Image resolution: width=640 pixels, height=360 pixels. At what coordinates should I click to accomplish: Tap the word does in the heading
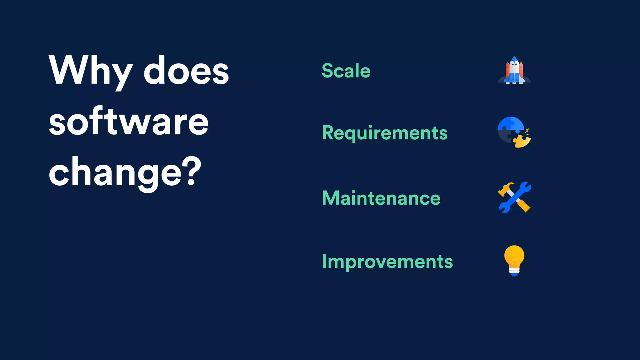pyautogui.click(x=186, y=70)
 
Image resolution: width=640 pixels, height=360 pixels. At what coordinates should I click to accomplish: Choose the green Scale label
pyautogui.click(x=346, y=71)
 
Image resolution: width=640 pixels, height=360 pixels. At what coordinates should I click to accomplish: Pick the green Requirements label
pyautogui.click(x=385, y=133)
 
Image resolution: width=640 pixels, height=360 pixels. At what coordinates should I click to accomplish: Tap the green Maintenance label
pyautogui.click(x=381, y=198)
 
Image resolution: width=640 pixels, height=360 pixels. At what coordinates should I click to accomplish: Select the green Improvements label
pyautogui.click(x=387, y=262)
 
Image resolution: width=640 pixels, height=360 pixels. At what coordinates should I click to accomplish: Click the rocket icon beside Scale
pyautogui.click(x=514, y=71)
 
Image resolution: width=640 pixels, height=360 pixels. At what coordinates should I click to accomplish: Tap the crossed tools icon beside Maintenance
pyautogui.click(x=514, y=197)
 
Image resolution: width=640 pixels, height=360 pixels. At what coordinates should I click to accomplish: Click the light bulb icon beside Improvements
pyautogui.click(x=514, y=260)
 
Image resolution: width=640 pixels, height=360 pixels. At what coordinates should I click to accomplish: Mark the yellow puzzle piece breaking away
pyautogui.click(x=522, y=141)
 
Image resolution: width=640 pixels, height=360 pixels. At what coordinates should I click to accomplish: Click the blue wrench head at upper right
pyautogui.click(x=525, y=187)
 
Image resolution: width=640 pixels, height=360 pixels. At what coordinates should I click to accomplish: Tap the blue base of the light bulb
pyautogui.click(x=514, y=274)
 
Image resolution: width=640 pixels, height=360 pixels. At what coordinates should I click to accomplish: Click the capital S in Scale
pyautogui.click(x=327, y=71)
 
